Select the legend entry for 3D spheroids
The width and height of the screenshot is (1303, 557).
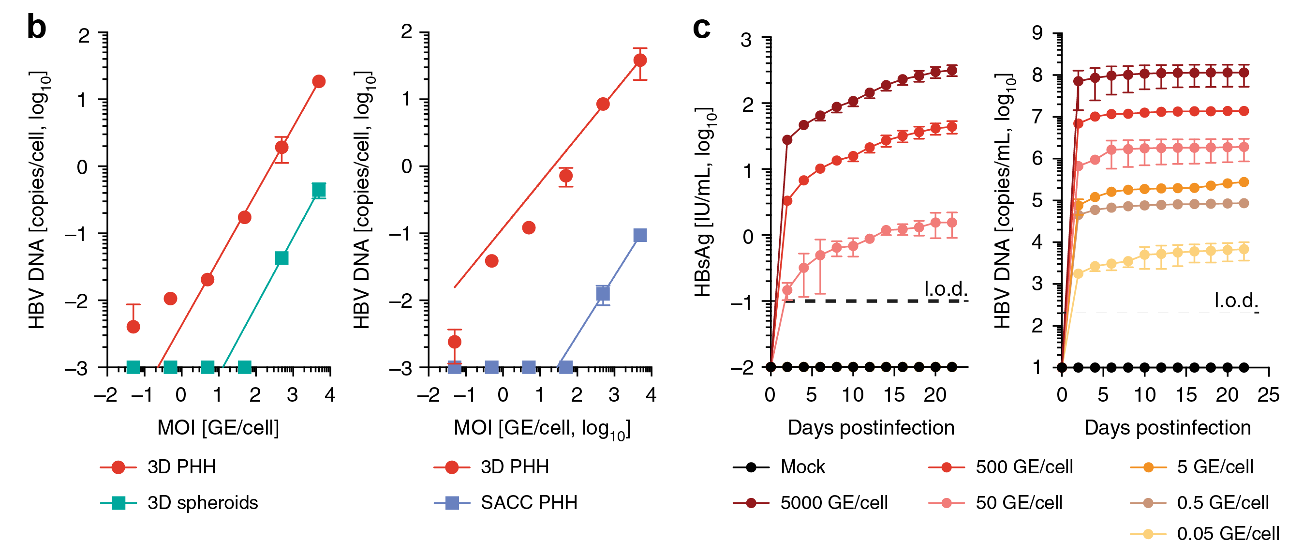coord(202,502)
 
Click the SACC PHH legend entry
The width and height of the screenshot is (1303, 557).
coord(529,502)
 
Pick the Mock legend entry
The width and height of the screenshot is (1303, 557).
coord(802,467)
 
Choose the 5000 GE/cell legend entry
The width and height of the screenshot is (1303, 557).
coord(833,502)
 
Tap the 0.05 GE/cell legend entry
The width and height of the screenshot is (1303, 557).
coord(1228,534)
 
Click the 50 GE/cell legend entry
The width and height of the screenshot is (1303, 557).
coord(1019,502)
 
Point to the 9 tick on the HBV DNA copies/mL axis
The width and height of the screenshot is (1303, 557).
coord(1037,33)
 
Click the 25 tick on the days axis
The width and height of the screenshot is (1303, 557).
coord(1268,395)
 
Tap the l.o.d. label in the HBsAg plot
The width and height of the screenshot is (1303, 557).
coord(946,289)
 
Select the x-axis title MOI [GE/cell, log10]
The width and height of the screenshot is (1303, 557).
coord(542,428)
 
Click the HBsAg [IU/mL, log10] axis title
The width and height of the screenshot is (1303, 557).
coord(704,202)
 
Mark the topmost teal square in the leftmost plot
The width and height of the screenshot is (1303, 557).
coord(319,190)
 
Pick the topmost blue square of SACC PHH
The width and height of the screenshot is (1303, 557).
coord(640,235)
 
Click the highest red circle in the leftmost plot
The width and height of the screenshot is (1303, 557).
coord(319,81)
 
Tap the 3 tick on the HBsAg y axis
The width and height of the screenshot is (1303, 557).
coord(746,40)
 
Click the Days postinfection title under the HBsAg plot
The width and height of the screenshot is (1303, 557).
coord(871,428)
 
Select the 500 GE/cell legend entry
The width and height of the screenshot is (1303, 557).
coord(1024,467)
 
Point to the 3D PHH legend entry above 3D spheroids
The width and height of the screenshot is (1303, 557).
coord(181,467)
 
